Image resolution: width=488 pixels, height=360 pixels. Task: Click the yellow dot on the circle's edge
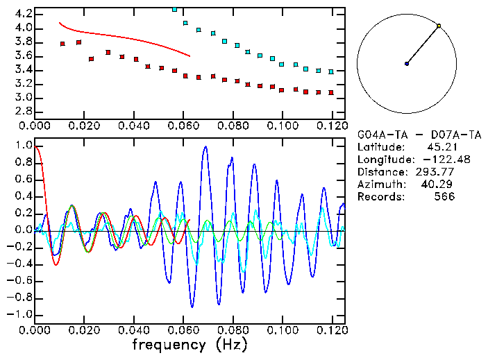click(439, 26)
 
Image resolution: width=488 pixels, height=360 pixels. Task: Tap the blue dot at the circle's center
click(407, 64)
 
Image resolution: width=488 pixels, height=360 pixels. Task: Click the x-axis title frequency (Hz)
click(190, 344)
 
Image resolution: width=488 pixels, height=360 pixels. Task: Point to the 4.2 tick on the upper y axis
click(22, 14)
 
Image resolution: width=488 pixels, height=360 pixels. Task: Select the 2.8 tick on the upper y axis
click(22, 111)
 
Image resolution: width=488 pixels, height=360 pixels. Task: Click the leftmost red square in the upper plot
click(62, 44)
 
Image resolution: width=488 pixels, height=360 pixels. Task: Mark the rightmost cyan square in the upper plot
click(331, 71)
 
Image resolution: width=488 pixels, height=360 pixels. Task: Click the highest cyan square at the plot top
click(174, 10)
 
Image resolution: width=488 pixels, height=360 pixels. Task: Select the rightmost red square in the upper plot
click(331, 92)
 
